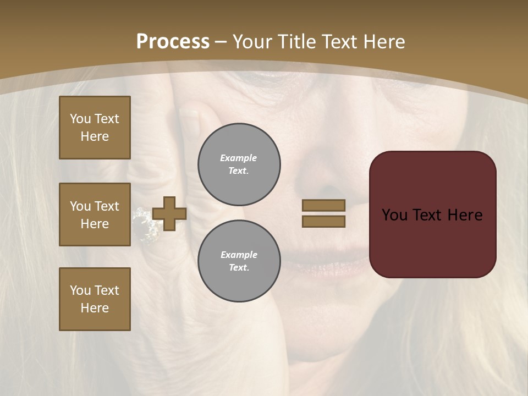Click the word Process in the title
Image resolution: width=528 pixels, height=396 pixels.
(x=173, y=42)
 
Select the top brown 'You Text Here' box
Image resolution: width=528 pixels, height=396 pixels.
(x=95, y=128)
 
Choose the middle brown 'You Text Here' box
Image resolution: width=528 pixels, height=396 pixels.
(x=95, y=215)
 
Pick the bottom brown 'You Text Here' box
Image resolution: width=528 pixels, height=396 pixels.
(x=95, y=299)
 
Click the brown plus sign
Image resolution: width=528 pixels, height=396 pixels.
(x=169, y=213)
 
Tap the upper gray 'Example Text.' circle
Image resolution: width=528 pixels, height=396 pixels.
(x=239, y=164)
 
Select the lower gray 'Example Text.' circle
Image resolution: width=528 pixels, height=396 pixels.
(x=239, y=261)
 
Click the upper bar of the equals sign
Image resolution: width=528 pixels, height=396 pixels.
(x=323, y=205)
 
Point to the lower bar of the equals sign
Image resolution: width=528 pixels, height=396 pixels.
(x=323, y=221)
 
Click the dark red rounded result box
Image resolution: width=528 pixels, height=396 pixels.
(x=432, y=215)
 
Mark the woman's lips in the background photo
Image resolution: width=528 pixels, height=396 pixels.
(x=324, y=258)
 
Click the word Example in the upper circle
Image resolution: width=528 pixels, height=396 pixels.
(x=239, y=158)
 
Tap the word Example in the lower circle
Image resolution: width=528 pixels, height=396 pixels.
(x=239, y=255)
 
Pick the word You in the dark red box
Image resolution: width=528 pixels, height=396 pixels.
(x=394, y=215)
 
